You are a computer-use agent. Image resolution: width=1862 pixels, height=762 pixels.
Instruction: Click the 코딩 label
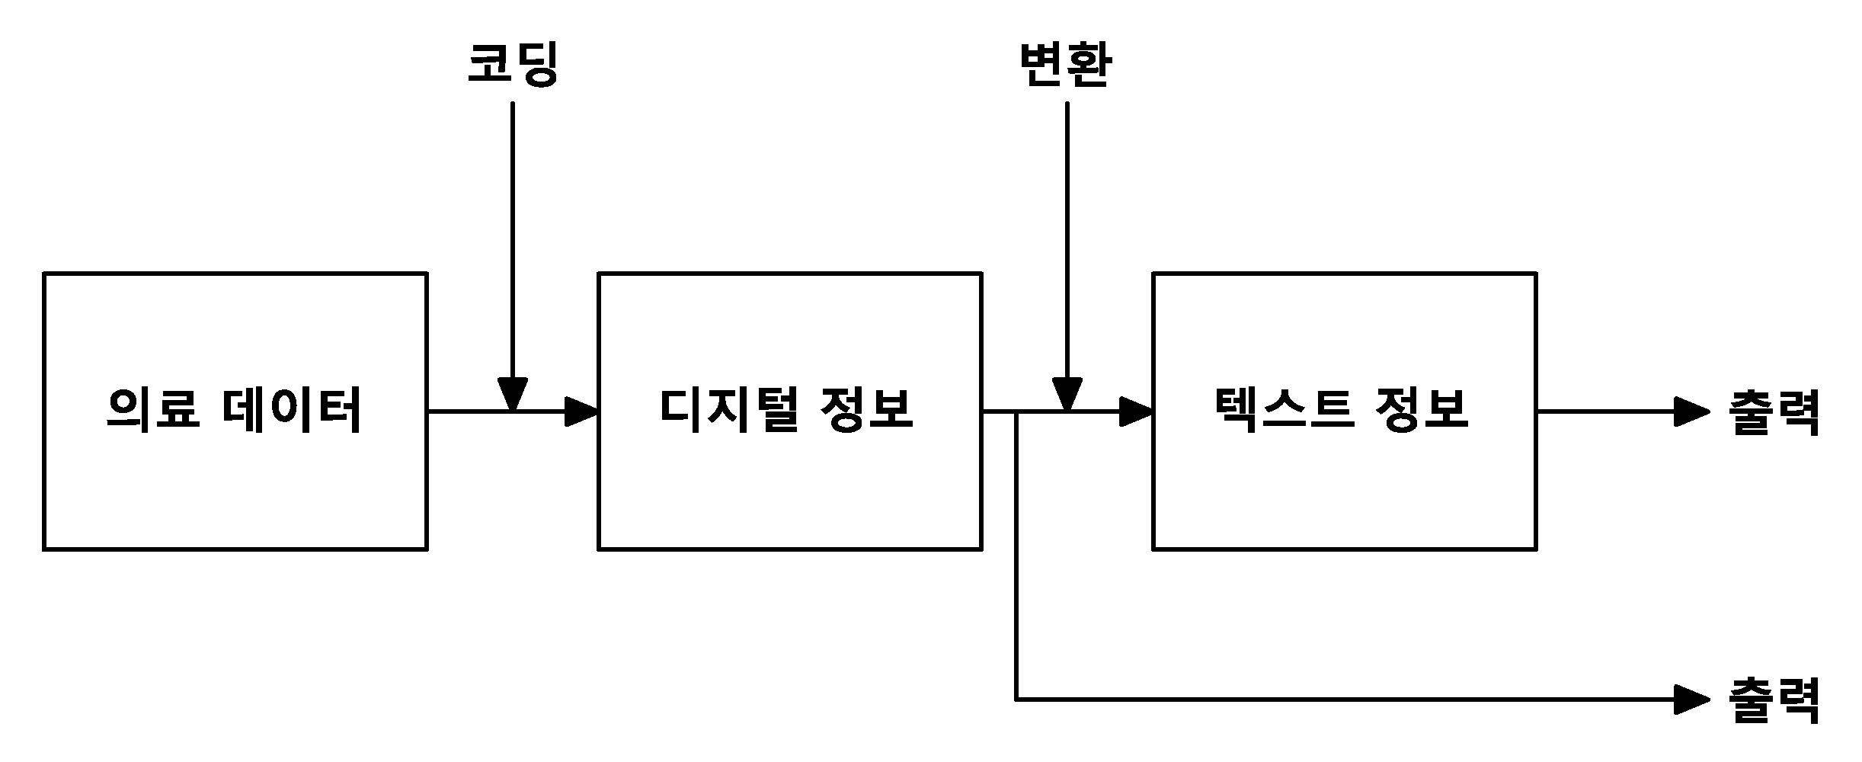[512, 65]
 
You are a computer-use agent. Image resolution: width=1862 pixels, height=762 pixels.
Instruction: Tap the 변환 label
[1066, 65]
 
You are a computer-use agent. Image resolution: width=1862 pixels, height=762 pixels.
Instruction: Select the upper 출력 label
[1774, 412]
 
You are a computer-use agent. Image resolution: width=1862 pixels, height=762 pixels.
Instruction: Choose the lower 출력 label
[1774, 700]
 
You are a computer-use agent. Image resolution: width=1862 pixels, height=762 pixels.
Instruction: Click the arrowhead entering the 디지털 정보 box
[582, 411]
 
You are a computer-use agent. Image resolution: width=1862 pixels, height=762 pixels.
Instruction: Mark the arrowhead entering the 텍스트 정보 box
[1137, 411]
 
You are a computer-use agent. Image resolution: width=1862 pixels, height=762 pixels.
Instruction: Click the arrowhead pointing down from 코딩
[512, 395]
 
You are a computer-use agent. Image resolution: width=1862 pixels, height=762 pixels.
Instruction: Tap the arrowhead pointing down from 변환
[1067, 395]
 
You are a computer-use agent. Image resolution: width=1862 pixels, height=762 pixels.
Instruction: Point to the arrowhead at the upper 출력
[1693, 411]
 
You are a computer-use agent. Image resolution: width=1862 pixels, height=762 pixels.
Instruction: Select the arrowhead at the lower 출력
[1693, 699]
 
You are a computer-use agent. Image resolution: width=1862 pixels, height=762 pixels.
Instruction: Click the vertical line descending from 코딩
[512, 241]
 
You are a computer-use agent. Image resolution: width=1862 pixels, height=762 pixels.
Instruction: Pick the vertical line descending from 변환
[1067, 241]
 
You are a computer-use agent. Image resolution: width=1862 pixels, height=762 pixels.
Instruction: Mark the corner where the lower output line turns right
[1016, 699]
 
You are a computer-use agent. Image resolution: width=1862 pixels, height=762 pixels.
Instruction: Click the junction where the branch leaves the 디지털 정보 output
[1016, 411]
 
